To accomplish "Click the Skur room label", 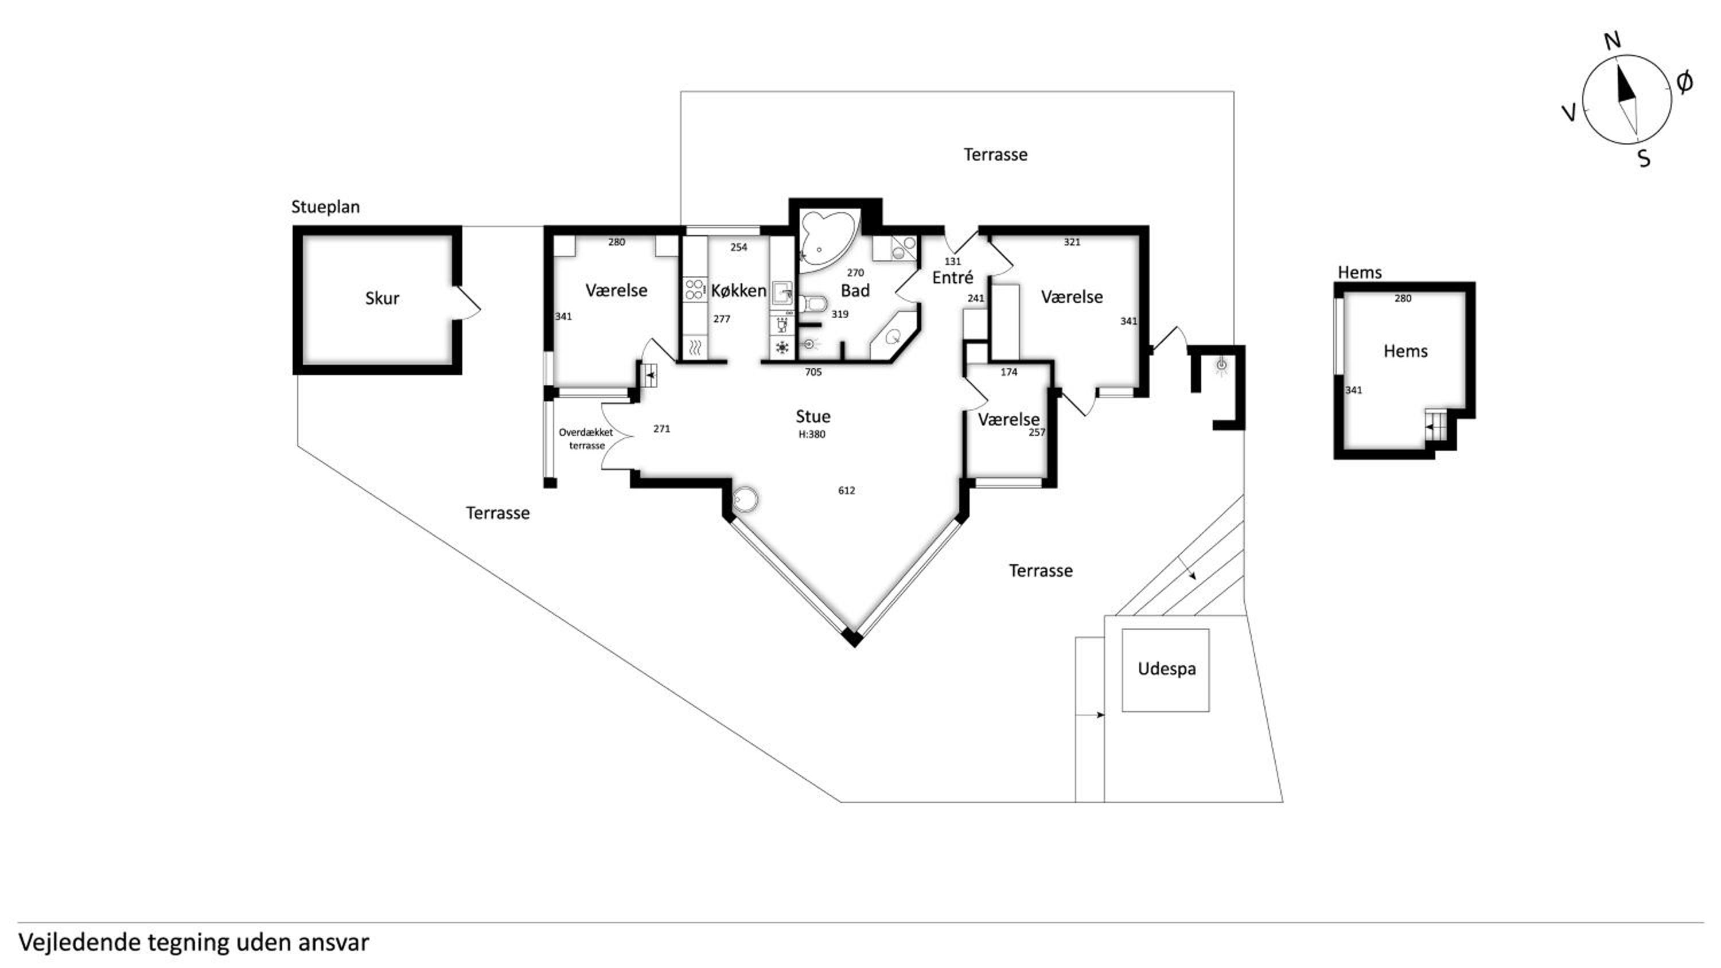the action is tap(382, 298).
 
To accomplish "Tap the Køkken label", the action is tap(738, 291).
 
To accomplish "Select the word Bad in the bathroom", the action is tap(855, 291).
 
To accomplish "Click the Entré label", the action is tap(953, 277).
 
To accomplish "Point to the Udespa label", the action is tap(1166, 669).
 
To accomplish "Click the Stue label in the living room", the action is tap(813, 416).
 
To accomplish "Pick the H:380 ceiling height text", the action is tap(812, 434).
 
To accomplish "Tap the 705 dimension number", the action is tap(813, 372).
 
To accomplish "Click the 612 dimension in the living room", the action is tap(847, 490).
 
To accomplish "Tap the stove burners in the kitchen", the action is tap(694, 289).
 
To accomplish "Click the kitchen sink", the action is tap(782, 293).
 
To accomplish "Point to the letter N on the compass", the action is tap(1613, 41).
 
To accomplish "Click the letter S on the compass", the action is tap(1644, 158).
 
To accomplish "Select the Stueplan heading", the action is tap(325, 207).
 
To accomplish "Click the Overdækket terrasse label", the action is tap(586, 439).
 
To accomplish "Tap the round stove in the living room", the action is tap(745, 499).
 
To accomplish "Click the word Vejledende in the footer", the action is tap(80, 943).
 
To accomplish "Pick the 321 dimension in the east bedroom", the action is tap(1072, 243).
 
